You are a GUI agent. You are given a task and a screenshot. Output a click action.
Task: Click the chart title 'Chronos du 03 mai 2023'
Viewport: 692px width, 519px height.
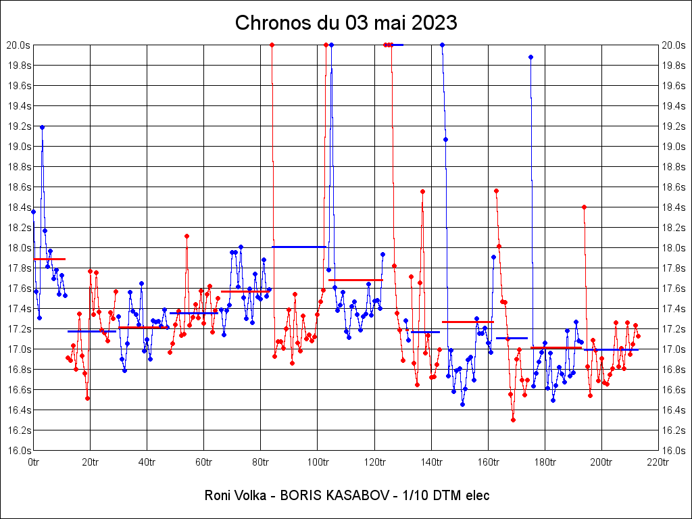click(346, 22)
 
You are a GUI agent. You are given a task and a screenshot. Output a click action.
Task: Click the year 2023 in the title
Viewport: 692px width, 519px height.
click(435, 22)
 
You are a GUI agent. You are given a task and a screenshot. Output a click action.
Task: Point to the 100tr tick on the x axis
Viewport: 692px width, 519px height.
click(317, 462)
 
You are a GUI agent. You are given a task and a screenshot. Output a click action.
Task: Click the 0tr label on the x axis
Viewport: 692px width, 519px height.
click(34, 462)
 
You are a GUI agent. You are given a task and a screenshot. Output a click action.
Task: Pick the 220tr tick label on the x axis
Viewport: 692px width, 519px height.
click(658, 462)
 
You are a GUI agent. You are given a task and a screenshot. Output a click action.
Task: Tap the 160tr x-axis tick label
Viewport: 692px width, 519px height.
click(487, 462)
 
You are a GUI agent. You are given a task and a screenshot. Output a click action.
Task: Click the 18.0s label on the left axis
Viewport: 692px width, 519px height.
click(19, 248)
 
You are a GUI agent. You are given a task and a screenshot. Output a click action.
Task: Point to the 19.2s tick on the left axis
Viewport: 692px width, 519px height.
click(19, 126)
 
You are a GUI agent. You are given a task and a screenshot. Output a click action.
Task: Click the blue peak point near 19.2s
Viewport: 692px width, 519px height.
click(42, 127)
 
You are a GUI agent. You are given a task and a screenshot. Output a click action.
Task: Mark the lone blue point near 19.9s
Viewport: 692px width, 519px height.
click(530, 57)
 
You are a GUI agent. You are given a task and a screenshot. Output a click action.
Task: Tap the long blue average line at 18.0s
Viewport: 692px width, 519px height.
click(299, 247)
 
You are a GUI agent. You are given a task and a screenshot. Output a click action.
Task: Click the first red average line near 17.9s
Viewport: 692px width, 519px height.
click(49, 259)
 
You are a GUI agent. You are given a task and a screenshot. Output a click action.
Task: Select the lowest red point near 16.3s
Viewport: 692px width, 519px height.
click(514, 420)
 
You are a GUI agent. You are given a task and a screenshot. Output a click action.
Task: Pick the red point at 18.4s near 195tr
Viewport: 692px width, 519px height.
click(584, 207)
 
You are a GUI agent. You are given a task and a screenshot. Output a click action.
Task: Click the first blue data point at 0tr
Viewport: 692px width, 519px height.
click(33, 212)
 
